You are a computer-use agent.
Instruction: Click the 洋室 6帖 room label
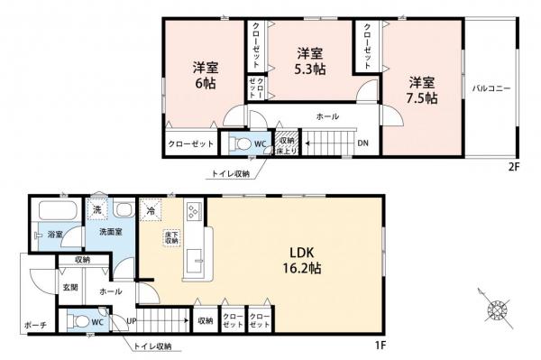pyautogui.click(x=204, y=74)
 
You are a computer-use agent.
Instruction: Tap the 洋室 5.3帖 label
pyautogui.click(x=312, y=60)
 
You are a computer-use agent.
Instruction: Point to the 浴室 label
pyautogui.click(x=56, y=235)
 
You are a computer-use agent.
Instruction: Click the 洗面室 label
pyautogui.click(x=111, y=232)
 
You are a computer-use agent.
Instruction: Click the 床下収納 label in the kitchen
pyautogui.click(x=170, y=239)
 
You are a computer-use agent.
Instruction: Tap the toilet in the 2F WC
pyautogui.click(x=236, y=143)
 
